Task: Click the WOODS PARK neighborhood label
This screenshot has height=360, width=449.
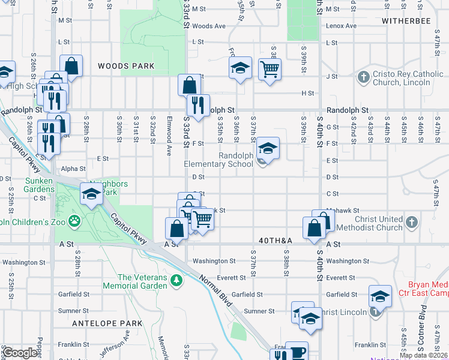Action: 126,66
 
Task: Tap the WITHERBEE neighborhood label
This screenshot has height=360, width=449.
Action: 406,20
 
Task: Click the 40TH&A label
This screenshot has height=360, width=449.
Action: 276,240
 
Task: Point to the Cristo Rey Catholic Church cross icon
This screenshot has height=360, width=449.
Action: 363,77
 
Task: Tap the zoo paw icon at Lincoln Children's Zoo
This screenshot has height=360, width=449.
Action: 75,221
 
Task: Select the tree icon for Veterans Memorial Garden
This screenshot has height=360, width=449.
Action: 176,280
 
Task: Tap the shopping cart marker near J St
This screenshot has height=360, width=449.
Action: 270,70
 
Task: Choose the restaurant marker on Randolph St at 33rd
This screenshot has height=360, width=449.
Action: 197,106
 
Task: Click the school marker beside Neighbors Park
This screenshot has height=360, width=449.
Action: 91,194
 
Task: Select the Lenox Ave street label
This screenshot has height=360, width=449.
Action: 341,26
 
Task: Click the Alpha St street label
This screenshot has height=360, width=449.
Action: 73,169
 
